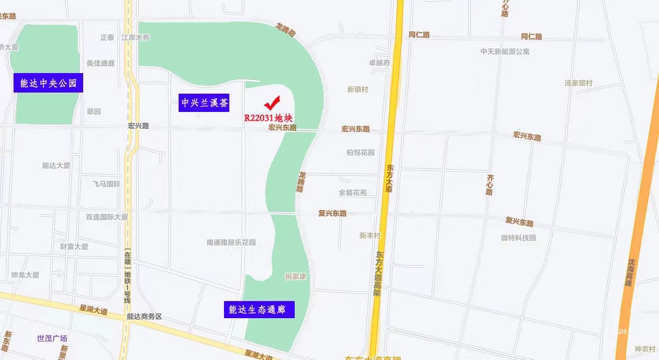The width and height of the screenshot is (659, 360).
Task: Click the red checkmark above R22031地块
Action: [x=272, y=103]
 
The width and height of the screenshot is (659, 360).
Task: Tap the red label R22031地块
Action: [x=268, y=117]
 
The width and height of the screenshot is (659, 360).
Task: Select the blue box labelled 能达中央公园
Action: [x=48, y=83]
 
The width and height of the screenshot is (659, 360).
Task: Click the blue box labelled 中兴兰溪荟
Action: [x=204, y=103]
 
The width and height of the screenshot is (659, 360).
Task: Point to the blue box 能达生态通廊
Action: [x=259, y=309]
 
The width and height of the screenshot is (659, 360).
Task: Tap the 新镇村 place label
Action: [x=357, y=90]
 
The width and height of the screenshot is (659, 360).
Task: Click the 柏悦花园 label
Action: [x=360, y=153]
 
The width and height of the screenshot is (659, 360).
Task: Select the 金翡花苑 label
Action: [x=352, y=193]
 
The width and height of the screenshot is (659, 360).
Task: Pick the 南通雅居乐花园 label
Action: [x=231, y=242]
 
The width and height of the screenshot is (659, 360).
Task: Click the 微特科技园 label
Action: [x=518, y=237]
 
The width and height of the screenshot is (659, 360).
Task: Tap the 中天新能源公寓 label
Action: [x=505, y=51]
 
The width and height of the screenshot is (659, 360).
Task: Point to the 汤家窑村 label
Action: [x=578, y=83]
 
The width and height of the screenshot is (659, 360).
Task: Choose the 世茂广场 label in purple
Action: [x=52, y=338]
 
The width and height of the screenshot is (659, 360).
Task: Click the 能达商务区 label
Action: [x=144, y=316]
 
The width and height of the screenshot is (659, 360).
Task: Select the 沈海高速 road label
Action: [x=629, y=272]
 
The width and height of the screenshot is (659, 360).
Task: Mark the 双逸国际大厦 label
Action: [x=106, y=217]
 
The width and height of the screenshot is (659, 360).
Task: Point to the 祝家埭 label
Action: [x=296, y=276]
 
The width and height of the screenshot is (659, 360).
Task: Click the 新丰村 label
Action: [x=370, y=235]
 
